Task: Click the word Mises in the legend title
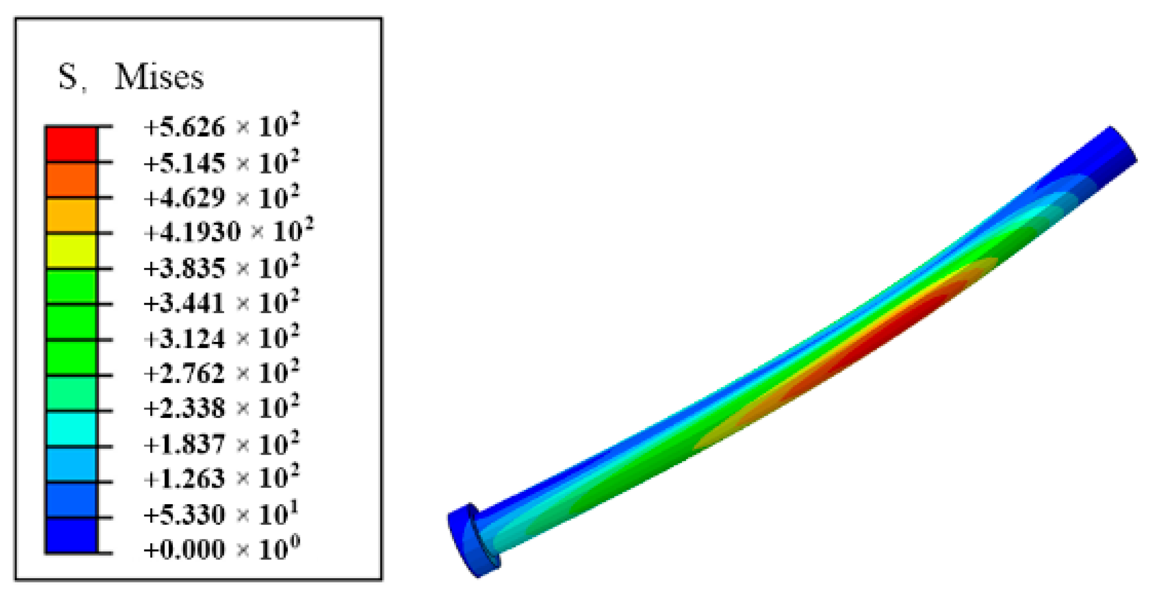click(x=159, y=77)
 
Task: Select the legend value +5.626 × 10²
click(x=222, y=126)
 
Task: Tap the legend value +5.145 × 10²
click(x=222, y=162)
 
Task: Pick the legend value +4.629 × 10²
click(x=222, y=197)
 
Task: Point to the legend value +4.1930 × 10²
click(x=229, y=230)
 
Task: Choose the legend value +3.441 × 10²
click(x=222, y=303)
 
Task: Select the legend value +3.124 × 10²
click(x=222, y=337)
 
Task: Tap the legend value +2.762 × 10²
click(x=222, y=372)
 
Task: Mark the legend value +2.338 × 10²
click(x=222, y=407)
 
